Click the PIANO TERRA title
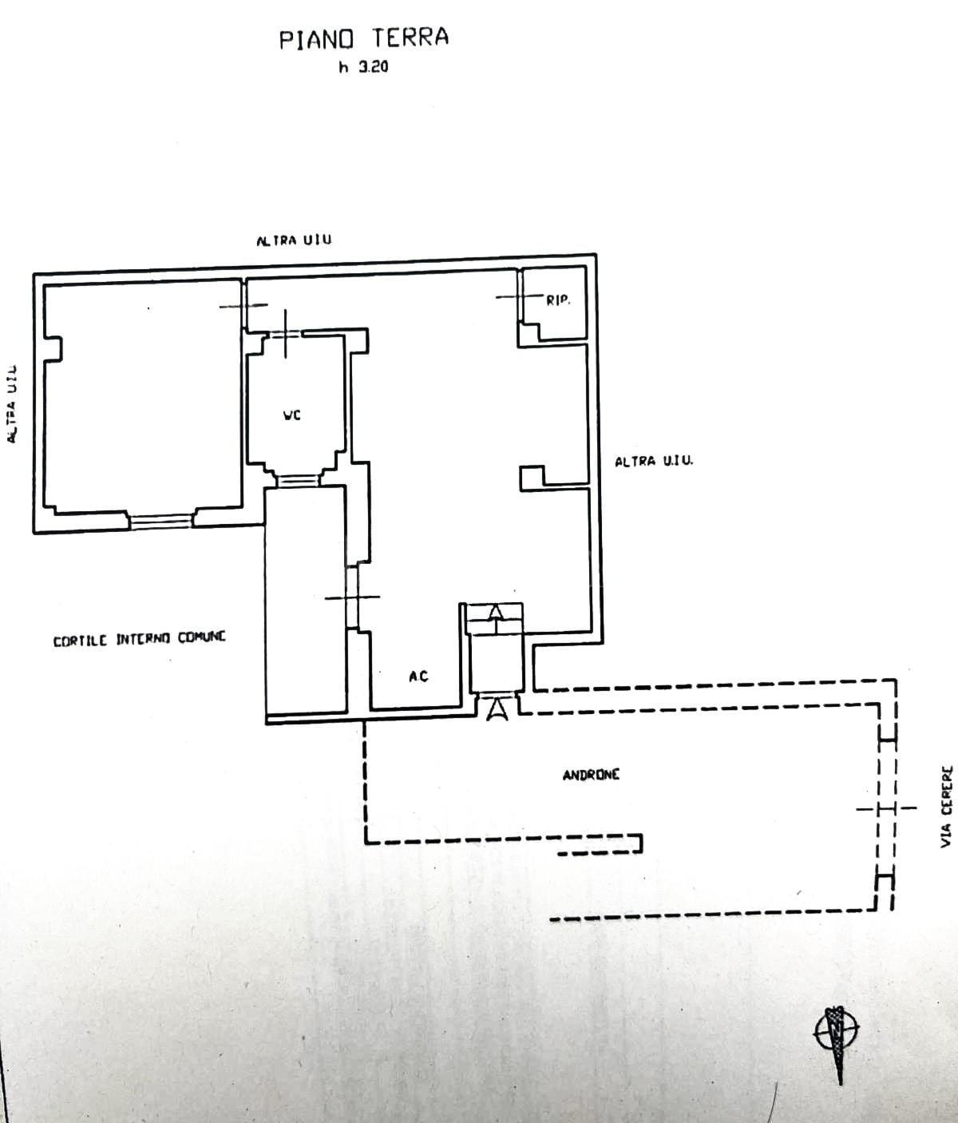coord(363,39)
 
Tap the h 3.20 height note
coord(363,67)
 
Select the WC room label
coord(291,415)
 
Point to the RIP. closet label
coord(558,300)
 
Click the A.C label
coord(418,677)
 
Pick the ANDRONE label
coord(591,775)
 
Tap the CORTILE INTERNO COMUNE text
coord(139,639)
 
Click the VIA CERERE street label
coord(947,806)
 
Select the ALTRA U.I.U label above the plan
coord(294,240)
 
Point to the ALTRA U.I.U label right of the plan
coord(654,462)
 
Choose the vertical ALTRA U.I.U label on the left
coord(12,404)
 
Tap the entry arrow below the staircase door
coord(497,710)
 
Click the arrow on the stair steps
coord(495,613)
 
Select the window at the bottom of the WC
coord(298,481)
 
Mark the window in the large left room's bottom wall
coord(160,521)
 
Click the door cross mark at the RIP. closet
coord(519,296)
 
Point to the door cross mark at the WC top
coord(286,334)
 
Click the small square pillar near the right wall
coord(532,478)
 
